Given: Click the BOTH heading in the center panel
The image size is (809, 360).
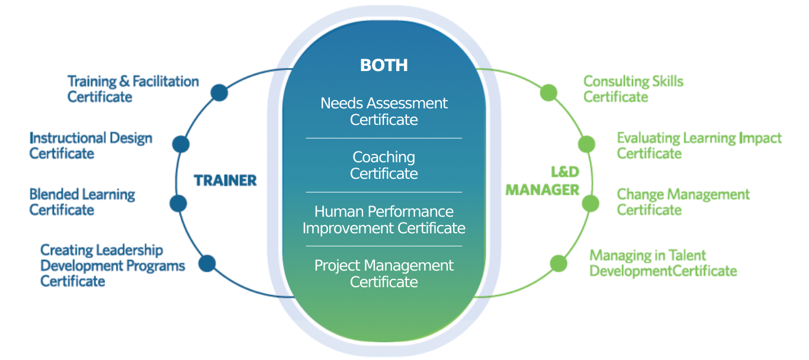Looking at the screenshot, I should tap(384, 65).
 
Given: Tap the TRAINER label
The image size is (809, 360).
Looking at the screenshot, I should tap(226, 181).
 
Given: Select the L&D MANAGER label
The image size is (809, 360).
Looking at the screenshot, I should tap(542, 181).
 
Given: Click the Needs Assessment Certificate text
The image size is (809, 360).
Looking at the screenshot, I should tap(384, 111).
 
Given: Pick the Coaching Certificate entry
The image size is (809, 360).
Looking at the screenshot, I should tap(384, 165).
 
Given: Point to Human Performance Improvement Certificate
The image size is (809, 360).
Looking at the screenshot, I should tap(384, 220).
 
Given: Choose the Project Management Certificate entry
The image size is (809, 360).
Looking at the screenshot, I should tap(384, 274).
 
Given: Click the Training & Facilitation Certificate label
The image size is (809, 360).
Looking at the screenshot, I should tap(133, 89).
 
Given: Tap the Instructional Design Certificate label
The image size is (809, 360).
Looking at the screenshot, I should tap(91, 146).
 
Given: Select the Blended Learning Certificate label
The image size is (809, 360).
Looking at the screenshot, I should tap(82, 202).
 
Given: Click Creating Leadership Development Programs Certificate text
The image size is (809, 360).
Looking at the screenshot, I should tap(112, 265).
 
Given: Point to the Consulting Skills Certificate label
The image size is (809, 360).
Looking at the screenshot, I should tap(633, 89).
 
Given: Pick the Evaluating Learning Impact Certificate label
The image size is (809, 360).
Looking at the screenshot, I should tap(699, 146).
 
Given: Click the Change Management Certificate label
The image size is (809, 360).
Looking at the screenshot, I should tap(683, 202).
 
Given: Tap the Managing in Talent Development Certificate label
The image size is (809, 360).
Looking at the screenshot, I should tap(663, 263).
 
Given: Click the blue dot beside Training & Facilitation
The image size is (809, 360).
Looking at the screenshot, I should tap(219, 92).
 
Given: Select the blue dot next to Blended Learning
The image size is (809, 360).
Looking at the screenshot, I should tap(178, 204).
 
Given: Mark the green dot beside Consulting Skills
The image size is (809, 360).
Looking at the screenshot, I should tap(549, 92).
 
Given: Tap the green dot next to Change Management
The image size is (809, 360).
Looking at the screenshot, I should tap(590, 204).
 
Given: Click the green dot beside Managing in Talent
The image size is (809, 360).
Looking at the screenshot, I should tap(558, 263).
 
